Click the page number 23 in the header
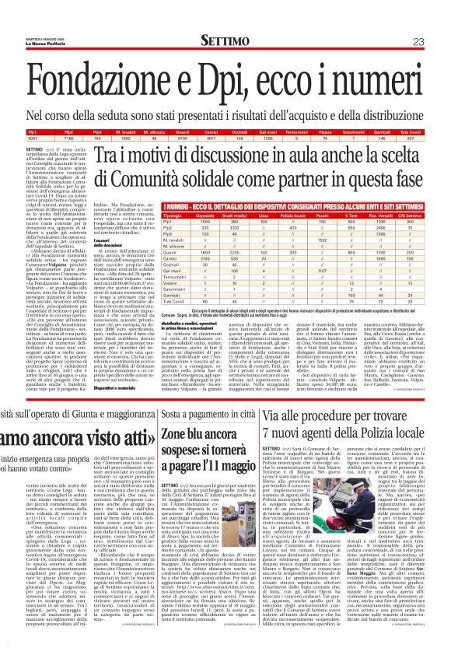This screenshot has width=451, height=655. tap(439, 41)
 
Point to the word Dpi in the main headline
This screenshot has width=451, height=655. tap(238, 78)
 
